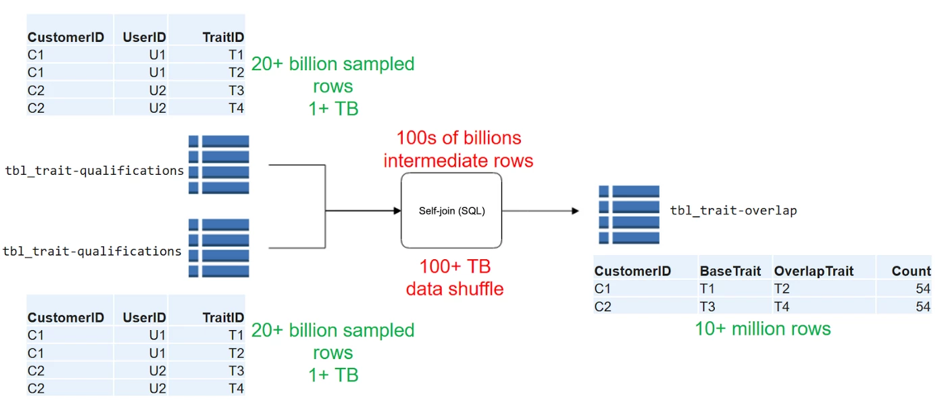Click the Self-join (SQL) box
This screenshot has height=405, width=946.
pyautogui.click(x=451, y=210)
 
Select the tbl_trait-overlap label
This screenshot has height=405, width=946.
pyautogui.click(x=733, y=211)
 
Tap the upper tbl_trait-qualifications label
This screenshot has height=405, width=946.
pyautogui.click(x=94, y=171)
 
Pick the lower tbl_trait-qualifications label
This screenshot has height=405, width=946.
pyautogui.click(x=93, y=251)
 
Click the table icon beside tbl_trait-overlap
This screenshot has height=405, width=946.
pyautogui.click(x=628, y=215)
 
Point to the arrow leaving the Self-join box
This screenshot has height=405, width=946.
pyautogui.click(x=541, y=211)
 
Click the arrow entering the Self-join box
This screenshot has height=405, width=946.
pyautogui.click(x=365, y=211)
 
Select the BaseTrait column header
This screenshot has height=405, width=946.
pyautogui.click(x=730, y=271)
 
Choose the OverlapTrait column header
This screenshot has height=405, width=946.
pyautogui.click(x=814, y=271)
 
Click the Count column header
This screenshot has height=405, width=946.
pyautogui.click(x=911, y=271)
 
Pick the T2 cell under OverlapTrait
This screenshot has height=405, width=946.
pyautogui.click(x=783, y=289)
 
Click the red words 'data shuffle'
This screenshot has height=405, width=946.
pyautogui.click(x=454, y=289)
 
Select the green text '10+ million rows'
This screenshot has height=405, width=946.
pyautogui.click(x=763, y=329)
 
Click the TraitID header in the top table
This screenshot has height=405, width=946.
pyautogui.click(x=223, y=38)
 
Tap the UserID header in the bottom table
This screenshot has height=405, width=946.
pyautogui.click(x=144, y=317)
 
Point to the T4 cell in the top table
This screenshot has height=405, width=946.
pyautogui.click(x=236, y=108)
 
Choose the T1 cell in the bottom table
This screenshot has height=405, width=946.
pyautogui.click(x=236, y=335)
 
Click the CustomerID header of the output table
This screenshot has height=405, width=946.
pyautogui.click(x=632, y=271)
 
